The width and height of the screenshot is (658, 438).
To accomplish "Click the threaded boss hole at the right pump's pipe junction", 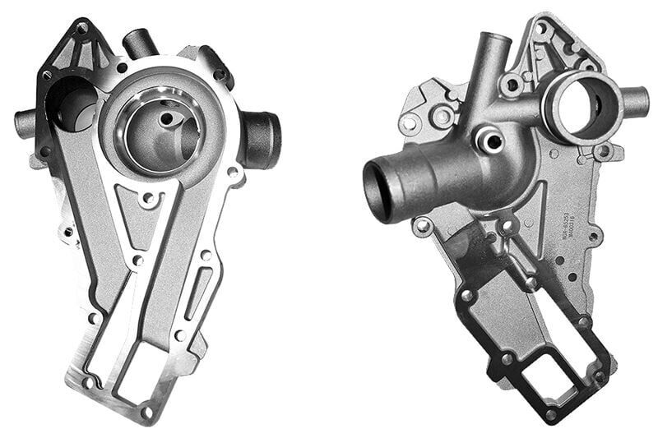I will (492, 141).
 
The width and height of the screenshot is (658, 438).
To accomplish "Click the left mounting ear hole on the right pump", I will (409, 125).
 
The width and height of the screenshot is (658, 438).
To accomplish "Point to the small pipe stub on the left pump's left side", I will (25, 123).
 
